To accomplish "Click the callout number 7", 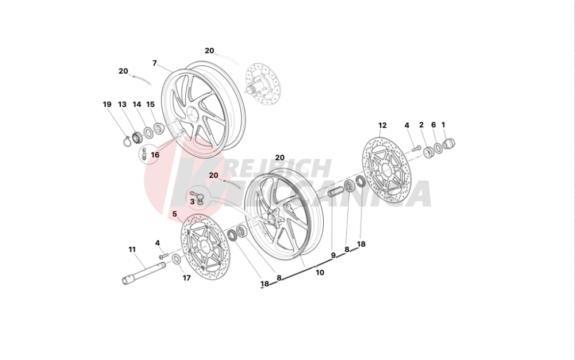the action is (x=154, y=63).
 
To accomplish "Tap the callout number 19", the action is (x=107, y=105).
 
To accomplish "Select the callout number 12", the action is (x=382, y=125).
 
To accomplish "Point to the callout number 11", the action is (x=132, y=250).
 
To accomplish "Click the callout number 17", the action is (x=187, y=278).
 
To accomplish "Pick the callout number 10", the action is (x=320, y=273).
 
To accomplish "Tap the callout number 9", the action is (x=333, y=255).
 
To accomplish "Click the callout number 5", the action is (x=175, y=214).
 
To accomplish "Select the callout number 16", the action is (x=155, y=155).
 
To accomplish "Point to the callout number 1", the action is (x=443, y=125).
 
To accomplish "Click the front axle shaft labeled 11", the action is (x=144, y=270).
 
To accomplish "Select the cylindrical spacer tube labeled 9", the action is (x=336, y=192).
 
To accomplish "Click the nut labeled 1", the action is (x=449, y=143).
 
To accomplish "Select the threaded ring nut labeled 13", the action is (x=137, y=137).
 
